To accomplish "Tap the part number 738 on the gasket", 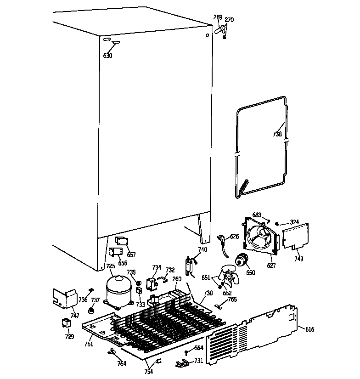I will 277,134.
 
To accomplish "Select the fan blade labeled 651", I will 227,277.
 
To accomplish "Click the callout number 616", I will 310,329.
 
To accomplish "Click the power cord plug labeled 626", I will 221,240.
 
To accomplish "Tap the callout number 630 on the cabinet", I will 107,56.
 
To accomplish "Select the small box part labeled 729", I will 67,323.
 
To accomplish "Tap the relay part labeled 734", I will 151,284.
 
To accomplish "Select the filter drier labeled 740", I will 189,266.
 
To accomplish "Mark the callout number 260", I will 177,278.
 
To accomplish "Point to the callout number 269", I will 218,17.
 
